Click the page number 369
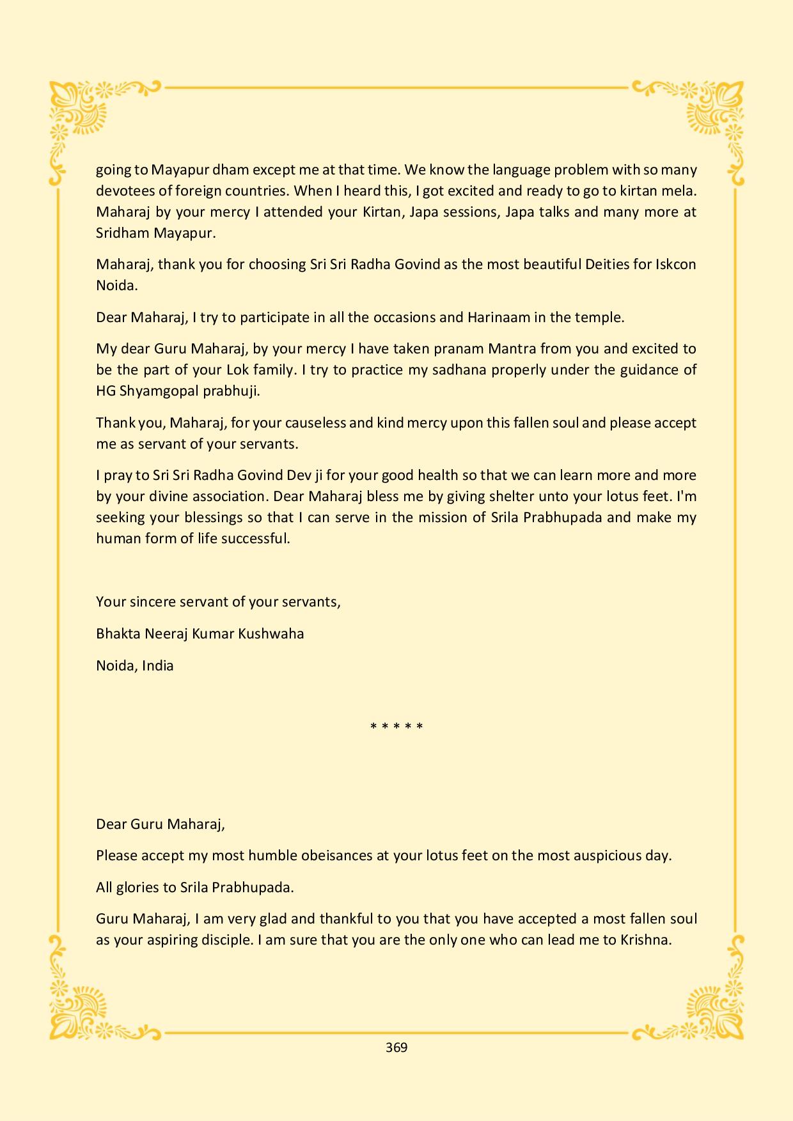pos(396,1047)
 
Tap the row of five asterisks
pos(396,727)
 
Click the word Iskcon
pos(675,264)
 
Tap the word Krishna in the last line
pos(646,940)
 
